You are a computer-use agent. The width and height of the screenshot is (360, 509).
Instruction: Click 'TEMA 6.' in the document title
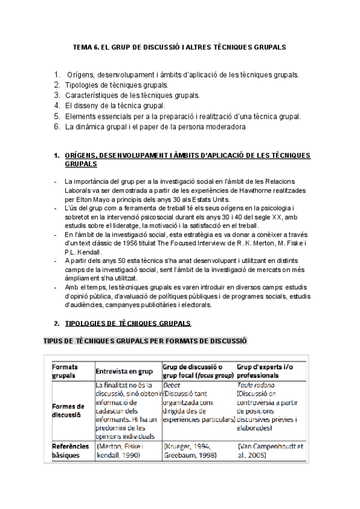pos(85,46)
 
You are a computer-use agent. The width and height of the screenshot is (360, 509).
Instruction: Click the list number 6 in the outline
pos(56,127)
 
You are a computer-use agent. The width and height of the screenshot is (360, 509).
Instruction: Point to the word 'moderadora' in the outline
pos(224,127)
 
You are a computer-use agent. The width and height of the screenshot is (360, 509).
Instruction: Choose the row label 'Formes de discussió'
pos(68,410)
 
